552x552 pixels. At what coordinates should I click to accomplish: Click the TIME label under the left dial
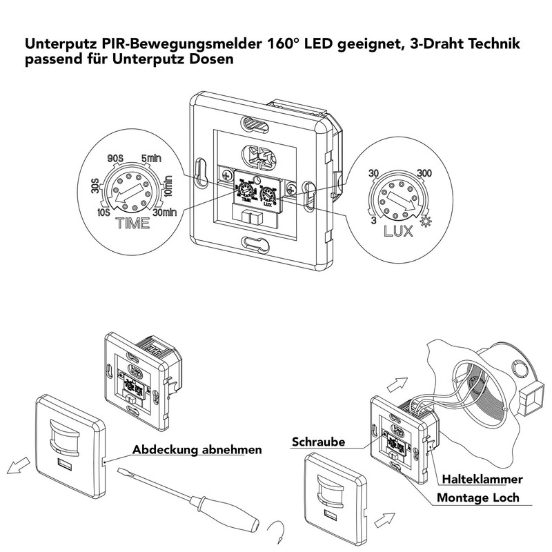point(134,224)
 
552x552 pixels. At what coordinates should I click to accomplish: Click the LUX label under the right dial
point(399,230)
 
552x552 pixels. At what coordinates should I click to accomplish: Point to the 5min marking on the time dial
point(151,158)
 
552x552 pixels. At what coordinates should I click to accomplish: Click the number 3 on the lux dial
point(372,220)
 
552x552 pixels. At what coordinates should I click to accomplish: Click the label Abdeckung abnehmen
point(197,451)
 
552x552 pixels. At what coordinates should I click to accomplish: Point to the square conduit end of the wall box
point(531,401)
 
